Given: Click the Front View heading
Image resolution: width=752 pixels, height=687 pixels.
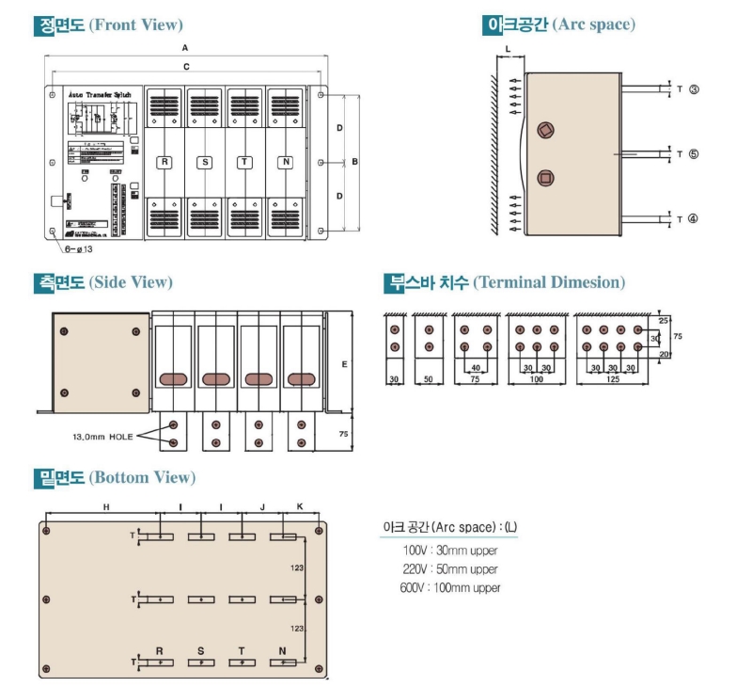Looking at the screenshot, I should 108,25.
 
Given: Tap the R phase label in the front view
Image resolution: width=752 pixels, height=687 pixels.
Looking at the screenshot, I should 164,163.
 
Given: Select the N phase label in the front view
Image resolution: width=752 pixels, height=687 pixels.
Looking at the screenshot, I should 285,163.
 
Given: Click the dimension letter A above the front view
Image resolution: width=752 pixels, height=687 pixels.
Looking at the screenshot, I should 186,46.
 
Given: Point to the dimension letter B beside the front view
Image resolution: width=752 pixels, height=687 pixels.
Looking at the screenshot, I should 354,162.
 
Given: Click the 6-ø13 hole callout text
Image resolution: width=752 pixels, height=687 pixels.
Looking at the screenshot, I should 79,249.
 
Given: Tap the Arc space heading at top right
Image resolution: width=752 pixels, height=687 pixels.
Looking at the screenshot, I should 558,24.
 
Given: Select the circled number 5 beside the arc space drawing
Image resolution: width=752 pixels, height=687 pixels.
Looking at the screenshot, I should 693,153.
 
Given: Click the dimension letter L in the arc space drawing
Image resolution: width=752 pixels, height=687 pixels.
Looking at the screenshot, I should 507,46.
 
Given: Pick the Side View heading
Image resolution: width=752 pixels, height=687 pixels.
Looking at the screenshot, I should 102,281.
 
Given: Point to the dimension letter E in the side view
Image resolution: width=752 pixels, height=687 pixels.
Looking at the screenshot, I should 344,362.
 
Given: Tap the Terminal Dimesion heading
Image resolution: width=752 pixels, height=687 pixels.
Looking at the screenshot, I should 504,281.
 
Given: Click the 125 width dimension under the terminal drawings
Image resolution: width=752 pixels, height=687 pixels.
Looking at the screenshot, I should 612,379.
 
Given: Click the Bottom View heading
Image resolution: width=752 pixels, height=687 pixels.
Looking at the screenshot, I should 114,477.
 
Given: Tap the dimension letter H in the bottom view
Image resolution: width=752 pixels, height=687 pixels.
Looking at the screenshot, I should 106,507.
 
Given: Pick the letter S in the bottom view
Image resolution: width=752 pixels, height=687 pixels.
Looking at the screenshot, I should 200,650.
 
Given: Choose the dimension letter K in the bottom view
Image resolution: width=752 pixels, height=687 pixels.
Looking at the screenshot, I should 300,507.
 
